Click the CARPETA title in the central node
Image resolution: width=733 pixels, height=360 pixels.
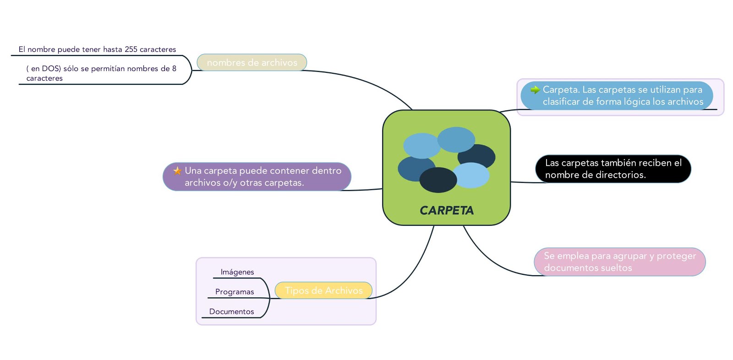click(447, 210)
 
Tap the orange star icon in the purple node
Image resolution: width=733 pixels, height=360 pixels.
click(177, 171)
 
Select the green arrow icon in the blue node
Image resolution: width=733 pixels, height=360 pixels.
click(535, 90)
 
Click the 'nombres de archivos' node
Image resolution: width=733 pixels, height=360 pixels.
click(252, 62)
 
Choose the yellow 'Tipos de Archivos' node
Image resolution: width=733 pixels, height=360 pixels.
click(323, 290)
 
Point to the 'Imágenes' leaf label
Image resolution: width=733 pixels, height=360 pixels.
click(237, 272)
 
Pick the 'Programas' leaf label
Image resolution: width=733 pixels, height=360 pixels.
click(235, 292)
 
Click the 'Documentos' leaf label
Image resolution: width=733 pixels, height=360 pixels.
click(232, 311)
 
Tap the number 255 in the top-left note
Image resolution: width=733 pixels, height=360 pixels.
click(131, 49)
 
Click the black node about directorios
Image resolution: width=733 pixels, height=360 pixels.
click(613, 169)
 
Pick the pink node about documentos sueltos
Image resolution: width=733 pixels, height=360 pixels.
click(620, 262)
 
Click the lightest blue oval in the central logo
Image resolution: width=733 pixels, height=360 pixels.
click(471, 175)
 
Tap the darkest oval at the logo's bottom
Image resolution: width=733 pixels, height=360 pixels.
click(438, 180)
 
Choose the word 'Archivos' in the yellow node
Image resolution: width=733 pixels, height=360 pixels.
click(344, 290)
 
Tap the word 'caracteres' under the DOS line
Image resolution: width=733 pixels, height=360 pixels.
click(44, 78)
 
